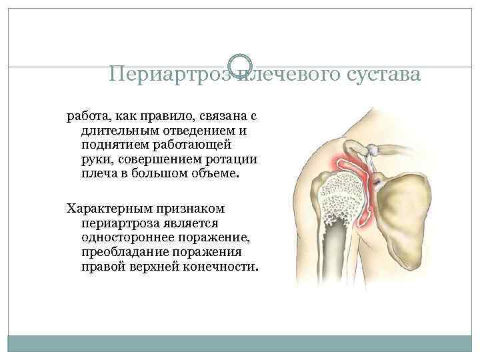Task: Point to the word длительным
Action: (117, 131)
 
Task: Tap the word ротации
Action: (233, 159)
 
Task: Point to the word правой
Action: (101, 267)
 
